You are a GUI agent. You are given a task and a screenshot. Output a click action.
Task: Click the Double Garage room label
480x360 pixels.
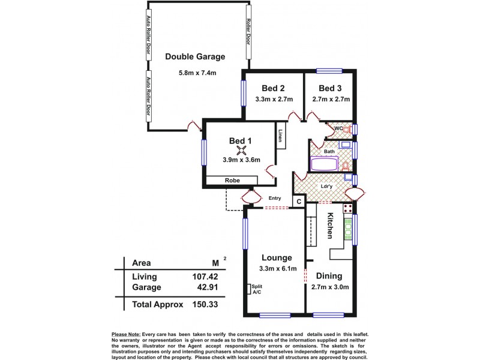(195, 57)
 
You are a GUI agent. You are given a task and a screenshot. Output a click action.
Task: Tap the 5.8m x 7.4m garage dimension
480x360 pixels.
(197, 73)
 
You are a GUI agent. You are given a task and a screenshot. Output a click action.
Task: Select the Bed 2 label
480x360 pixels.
(273, 87)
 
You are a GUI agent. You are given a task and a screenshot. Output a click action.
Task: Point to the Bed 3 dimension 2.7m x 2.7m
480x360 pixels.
(331, 100)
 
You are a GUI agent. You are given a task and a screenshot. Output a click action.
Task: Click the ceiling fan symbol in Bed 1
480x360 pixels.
(242, 151)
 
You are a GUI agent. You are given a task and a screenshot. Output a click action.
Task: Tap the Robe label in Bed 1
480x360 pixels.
(233, 180)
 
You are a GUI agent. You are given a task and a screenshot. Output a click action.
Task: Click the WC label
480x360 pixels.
(338, 128)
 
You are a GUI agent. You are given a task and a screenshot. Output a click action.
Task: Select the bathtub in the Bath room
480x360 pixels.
(324, 164)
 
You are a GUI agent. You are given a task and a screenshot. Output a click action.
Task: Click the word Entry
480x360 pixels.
(275, 198)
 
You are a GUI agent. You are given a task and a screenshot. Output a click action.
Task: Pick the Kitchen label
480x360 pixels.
(330, 226)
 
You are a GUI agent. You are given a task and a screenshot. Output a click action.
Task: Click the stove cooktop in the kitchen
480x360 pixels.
(347, 209)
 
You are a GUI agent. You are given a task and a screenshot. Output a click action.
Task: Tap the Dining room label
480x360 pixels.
(330, 276)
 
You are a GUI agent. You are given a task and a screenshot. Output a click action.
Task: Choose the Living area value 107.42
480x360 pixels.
(205, 277)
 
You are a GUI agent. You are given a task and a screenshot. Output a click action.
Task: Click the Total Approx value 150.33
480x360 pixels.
(205, 305)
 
